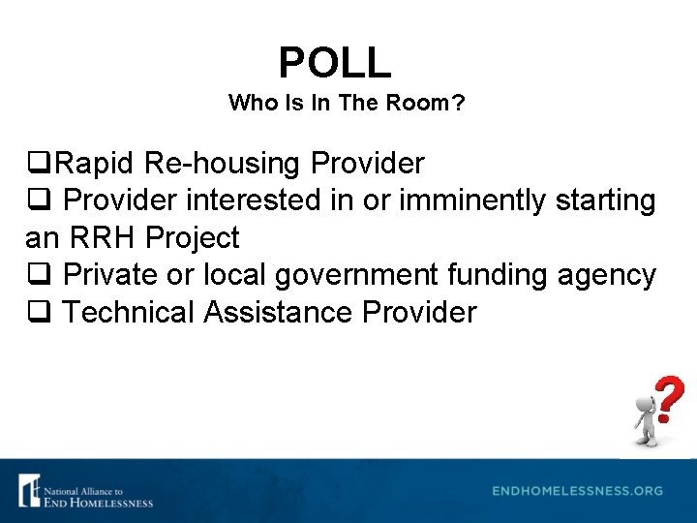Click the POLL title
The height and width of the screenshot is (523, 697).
[x=335, y=63]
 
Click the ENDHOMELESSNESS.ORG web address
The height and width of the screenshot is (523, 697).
[x=577, y=491]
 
